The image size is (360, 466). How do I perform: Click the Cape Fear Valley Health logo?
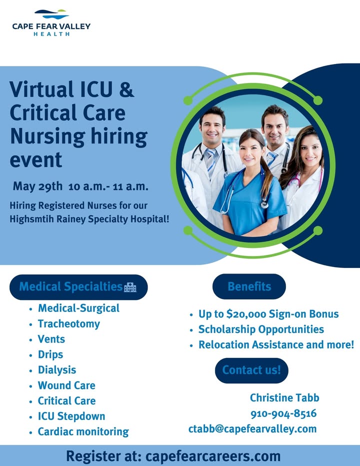coord(51,23)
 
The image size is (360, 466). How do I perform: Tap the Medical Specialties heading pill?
coord(78,287)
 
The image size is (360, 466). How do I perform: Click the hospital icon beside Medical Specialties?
coord(130,287)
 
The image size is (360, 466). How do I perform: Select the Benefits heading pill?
coord(249,286)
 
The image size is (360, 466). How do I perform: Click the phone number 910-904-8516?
coord(283,413)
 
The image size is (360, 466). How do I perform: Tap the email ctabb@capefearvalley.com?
coord(252,429)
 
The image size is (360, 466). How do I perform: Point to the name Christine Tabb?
coord(284,397)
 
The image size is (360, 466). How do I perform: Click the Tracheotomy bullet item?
coord(68,324)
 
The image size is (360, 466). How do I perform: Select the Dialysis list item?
coord(57,370)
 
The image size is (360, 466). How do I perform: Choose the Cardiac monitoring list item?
coord(83,431)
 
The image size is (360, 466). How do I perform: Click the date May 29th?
coord(37,186)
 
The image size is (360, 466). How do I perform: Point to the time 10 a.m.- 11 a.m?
coord(108,186)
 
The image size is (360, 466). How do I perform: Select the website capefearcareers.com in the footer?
coord(213,456)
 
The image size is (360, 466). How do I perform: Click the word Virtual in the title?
coord(41,89)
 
